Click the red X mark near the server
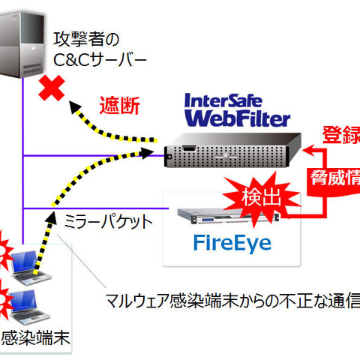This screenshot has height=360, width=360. coord(51,91)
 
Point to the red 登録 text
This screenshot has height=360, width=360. coord(340,135)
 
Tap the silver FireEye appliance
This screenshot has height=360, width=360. coord(226,217)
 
